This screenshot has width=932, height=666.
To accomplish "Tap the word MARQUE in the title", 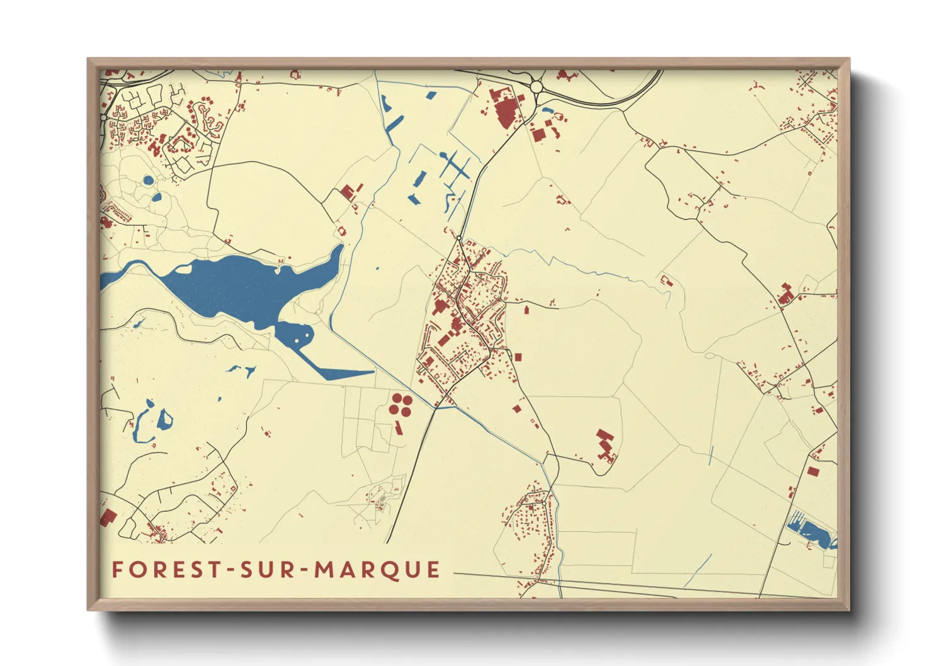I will tap(377, 570).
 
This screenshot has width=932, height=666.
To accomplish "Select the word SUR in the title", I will tap(267, 570).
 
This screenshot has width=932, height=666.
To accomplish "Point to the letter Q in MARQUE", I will tap(394, 570).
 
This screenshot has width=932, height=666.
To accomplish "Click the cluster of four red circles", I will tap(399, 404).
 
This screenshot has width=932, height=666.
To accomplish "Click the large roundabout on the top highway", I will tap(537, 86).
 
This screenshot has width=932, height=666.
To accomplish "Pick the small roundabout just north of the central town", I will tap(460, 238).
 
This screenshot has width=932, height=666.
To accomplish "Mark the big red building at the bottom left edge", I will tap(108, 517).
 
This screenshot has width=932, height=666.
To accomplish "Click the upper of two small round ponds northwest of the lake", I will tap(148, 181).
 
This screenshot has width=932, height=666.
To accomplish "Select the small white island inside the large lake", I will tap(183, 269).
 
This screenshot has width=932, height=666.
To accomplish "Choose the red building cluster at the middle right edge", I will tap(785, 295).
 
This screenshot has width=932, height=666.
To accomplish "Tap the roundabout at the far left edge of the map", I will tap(104, 118).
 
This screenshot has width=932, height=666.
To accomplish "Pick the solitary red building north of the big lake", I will tap(348, 191).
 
